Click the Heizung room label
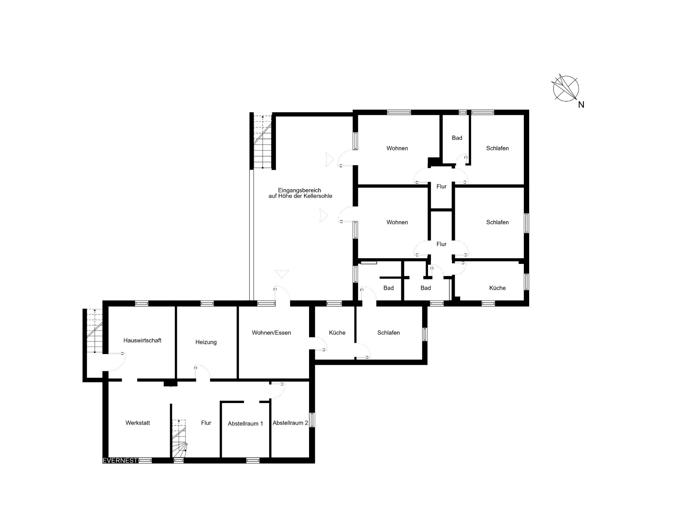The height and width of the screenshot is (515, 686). click(x=206, y=342)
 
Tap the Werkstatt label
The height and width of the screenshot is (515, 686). click(x=138, y=423)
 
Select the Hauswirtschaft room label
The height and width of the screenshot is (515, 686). click(x=142, y=340)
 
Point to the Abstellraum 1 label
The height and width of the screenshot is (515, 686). click(x=245, y=423)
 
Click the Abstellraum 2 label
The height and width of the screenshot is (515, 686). click(x=290, y=423)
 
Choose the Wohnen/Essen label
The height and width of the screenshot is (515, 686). click(x=271, y=333)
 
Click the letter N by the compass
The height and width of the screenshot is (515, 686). click(x=581, y=104)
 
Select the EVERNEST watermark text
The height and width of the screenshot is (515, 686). click(x=120, y=461)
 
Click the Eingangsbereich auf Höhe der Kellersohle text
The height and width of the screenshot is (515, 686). click(x=300, y=193)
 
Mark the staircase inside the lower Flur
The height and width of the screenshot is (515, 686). click(x=180, y=438)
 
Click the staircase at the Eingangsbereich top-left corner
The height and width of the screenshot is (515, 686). click(x=263, y=141)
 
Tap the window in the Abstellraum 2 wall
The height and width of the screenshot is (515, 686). click(x=312, y=420)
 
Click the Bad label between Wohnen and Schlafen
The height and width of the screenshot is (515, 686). click(x=457, y=138)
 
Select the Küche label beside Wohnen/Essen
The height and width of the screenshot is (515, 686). click(x=337, y=333)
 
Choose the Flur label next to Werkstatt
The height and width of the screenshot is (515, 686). click(x=206, y=423)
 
